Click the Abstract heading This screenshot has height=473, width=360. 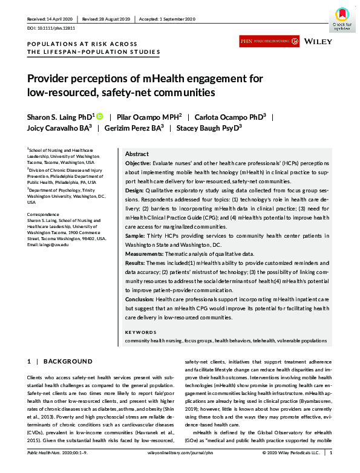point(137,154)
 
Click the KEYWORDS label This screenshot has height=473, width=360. point(140,332)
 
